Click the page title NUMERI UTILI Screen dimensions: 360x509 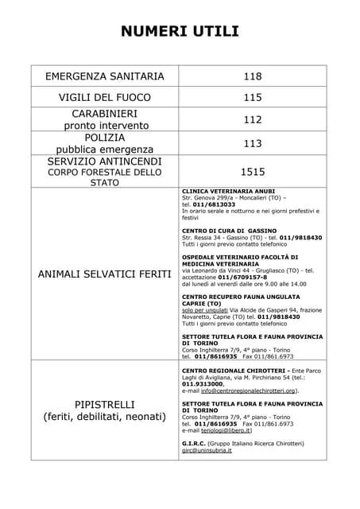(x=180, y=31)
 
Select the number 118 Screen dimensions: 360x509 (x=253, y=77)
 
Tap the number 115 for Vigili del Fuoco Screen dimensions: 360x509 (x=253, y=99)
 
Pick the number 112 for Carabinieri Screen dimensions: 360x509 (x=253, y=119)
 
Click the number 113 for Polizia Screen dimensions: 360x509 (x=253, y=144)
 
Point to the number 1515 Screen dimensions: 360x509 (x=253, y=171)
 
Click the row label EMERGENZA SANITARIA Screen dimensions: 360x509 (x=105, y=77)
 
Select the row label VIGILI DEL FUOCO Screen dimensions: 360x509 (x=105, y=99)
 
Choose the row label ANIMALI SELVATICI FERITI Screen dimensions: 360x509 (x=105, y=274)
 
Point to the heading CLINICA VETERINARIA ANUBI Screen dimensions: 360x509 (x=229, y=192)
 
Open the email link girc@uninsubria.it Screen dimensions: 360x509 (x=207, y=450)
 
